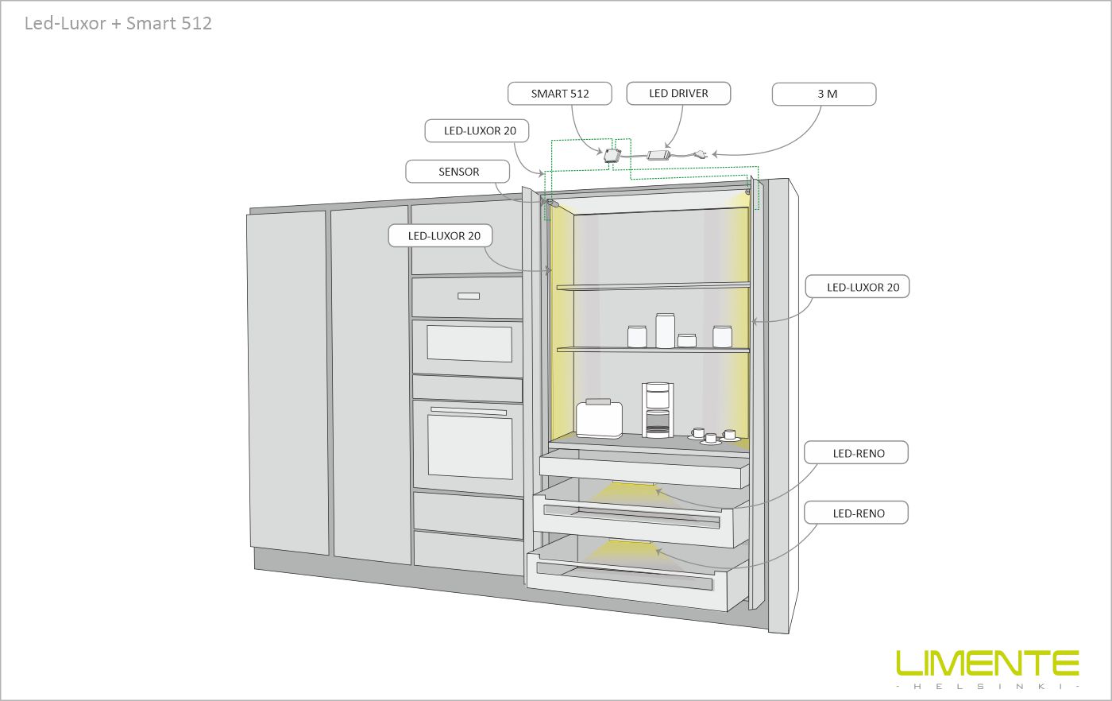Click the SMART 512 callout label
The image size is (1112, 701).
coord(559,94)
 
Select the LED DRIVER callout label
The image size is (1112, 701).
coord(678,94)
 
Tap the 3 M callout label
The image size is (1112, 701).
coord(824,94)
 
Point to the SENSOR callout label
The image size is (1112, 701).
coord(458,172)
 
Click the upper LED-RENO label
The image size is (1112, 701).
coord(856,452)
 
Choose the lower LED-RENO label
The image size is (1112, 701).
coord(856,513)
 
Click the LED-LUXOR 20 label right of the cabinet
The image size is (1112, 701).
coord(857,287)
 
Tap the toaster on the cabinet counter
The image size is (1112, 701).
coord(599,418)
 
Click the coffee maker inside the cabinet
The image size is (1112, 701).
coord(658,410)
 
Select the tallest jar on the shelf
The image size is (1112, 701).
coord(665,331)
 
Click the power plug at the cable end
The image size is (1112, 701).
coord(700,155)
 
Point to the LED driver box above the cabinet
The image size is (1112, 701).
coord(658,155)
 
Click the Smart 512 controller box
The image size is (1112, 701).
coord(612,156)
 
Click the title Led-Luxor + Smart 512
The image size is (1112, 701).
coord(118,23)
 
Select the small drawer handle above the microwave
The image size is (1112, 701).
coord(468,296)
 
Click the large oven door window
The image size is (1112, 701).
coord(469,447)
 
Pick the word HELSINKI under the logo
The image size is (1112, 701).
coord(987,686)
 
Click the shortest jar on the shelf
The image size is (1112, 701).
coord(687,340)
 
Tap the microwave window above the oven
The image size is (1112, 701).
coord(469,344)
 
